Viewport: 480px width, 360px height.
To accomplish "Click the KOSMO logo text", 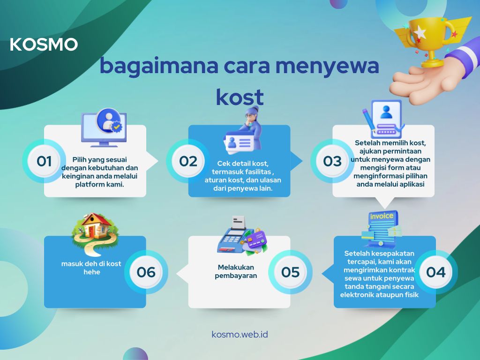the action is [x=44, y=45].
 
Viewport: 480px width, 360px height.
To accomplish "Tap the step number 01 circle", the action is [x=44, y=161].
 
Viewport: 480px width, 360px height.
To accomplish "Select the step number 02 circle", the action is [x=188, y=161].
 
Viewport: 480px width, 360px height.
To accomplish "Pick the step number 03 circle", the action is [x=332, y=161].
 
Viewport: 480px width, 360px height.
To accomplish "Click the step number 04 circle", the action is [x=436, y=272].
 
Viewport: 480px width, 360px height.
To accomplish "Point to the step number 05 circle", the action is [x=290, y=272].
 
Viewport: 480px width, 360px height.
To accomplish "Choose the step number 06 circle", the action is [x=146, y=272].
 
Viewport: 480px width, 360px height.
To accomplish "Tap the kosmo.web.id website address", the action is [x=240, y=334].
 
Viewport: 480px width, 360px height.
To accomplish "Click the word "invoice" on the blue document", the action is [x=382, y=216].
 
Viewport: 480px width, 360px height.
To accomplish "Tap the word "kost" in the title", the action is [x=240, y=97].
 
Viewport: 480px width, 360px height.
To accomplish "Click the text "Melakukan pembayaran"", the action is [x=236, y=271].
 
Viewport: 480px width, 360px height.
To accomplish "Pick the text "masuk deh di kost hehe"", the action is [x=91, y=268].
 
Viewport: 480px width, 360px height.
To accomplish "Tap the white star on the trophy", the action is [x=420, y=32].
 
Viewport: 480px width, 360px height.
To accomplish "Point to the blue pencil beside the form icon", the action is [x=368, y=121].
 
